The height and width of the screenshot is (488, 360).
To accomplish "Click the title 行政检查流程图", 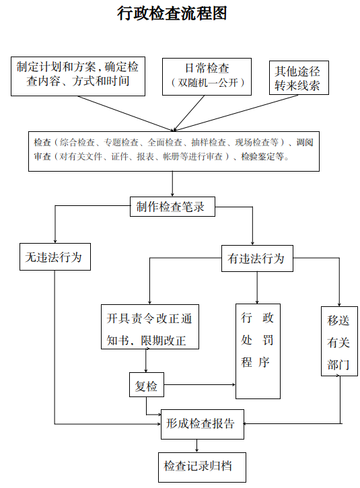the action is click(x=172, y=13).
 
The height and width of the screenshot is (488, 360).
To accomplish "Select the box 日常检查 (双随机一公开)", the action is click(x=207, y=77).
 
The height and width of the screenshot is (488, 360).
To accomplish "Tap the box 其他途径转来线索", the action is click(x=299, y=77).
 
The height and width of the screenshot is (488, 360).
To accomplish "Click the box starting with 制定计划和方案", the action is click(x=78, y=76).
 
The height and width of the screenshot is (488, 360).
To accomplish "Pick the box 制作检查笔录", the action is click(x=172, y=207).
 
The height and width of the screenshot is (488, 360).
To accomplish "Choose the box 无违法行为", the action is click(x=55, y=256).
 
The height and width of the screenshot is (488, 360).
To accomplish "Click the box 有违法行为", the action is click(x=257, y=258).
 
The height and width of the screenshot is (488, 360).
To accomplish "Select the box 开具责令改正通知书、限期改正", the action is click(x=150, y=326).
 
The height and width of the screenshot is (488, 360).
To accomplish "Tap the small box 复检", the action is click(x=147, y=384).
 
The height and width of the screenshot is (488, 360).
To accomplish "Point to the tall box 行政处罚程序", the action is click(x=258, y=351).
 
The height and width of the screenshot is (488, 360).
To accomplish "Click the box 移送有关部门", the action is click(x=339, y=341).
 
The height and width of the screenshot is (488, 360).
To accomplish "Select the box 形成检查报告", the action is click(x=203, y=424).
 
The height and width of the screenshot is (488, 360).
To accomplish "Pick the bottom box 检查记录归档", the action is click(x=202, y=467).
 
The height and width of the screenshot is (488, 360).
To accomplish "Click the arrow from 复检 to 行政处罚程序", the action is click(x=199, y=384).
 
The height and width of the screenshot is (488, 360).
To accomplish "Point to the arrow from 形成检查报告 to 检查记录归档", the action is click(x=196, y=446).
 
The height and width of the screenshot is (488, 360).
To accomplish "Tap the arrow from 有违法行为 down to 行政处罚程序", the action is click(x=257, y=287).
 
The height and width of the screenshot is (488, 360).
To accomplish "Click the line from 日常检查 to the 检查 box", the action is click(x=189, y=113).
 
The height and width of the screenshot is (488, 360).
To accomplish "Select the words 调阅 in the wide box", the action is click(x=304, y=143).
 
